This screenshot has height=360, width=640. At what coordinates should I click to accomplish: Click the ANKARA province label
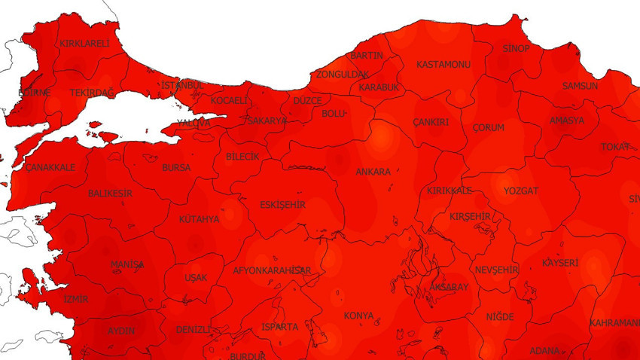pyautogui.click(x=373, y=172)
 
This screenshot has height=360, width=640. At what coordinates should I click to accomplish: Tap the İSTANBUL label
pyautogui.click(x=182, y=85)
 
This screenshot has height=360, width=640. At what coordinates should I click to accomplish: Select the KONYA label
pyautogui.click(x=358, y=316)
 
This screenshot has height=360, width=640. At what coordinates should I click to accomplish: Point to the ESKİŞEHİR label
pyautogui.click(x=282, y=204)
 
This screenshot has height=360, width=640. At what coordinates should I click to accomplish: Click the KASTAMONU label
pyautogui.click(x=443, y=65)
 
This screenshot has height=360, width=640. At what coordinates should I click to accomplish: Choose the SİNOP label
pyautogui.click(x=516, y=49)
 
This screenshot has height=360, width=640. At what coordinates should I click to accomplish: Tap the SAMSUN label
pyautogui.click(x=580, y=86)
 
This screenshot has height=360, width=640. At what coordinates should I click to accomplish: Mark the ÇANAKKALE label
pyautogui.click(x=50, y=167)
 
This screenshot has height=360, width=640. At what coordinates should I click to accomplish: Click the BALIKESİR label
pyautogui.click(x=110, y=194)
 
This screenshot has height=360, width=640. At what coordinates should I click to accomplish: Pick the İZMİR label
pyautogui.click(x=75, y=299)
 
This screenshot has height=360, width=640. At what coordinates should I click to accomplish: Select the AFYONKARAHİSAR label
pyautogui.click(x=272, y=270)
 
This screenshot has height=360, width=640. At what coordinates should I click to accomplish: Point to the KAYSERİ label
pyautogui.click(x=560, y=263)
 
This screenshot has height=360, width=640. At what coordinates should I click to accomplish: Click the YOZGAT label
pyautogui.click(x=521, y=191)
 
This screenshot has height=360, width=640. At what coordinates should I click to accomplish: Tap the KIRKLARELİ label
pyautogui.click(x=84, y=44)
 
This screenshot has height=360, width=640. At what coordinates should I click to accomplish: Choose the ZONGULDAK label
pyautogui.click(x=342, y=75)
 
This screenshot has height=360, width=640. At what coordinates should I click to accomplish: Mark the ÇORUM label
pyautogui.click(x=488, y=128)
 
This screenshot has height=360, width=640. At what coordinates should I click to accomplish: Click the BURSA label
pyautogui.click(x=176, y=168)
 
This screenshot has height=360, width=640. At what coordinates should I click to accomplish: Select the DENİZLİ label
pyautogui.click(x=193, y=330)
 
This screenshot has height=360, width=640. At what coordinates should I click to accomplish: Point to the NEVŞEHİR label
pyautogui.click(x=497, y=270)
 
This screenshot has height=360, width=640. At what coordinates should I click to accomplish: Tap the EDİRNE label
pyautogui.click(x=35, y=93)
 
